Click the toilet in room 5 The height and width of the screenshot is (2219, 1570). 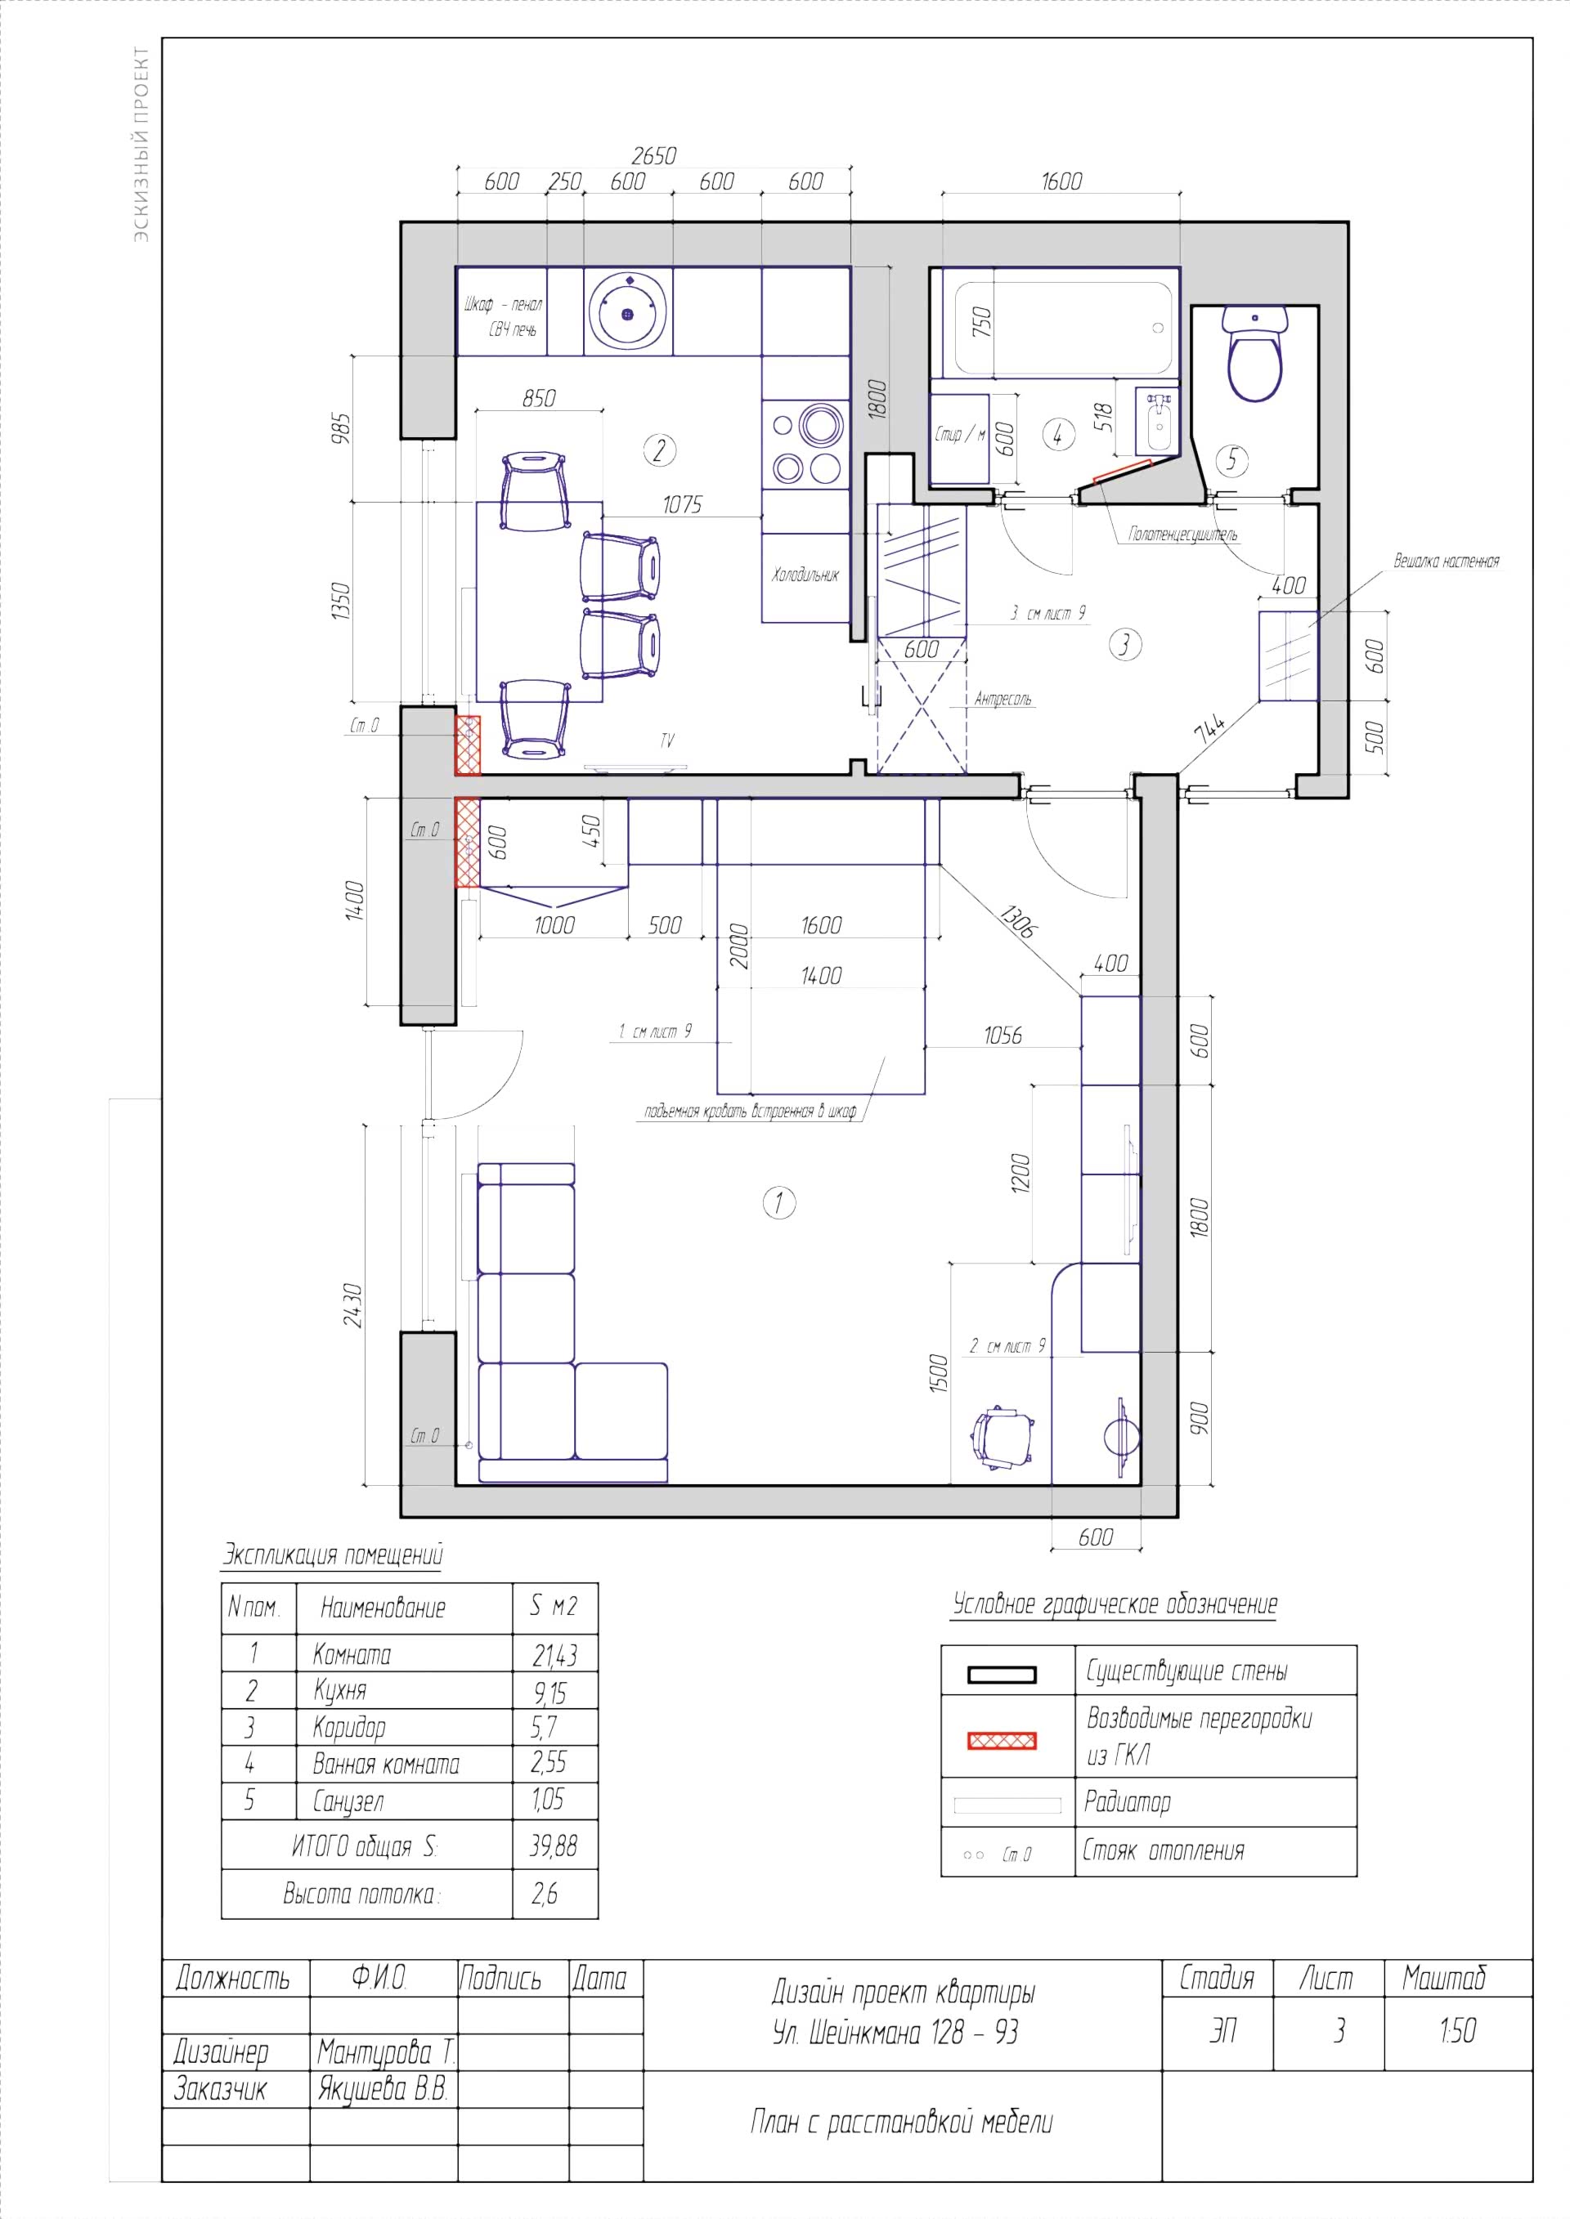pos(1255,353)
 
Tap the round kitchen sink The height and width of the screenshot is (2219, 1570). pos(628,311)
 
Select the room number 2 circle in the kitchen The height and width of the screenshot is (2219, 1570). pos(659,450)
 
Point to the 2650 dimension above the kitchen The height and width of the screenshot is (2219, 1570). pos(653,155)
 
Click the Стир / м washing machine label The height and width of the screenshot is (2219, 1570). pos(960,435)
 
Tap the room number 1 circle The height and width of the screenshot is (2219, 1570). pos(779,1203)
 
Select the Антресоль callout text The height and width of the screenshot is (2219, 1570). pos(1003,699)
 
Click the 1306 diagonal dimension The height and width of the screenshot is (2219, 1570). pos(1017,921)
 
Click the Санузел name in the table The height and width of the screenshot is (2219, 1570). pos(348,1801)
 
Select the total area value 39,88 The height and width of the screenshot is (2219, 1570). pos(554,1847)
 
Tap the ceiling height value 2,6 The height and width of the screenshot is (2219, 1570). pos(545,1894)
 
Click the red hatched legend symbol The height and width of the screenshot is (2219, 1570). pos(1003,1741)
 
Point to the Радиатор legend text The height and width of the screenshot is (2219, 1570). pos(1128,1801)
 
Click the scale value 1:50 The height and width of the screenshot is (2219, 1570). pos(1458,2030)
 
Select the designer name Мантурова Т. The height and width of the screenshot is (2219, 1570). pos(386,2051)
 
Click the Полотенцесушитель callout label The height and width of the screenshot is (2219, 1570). pos(1182,535)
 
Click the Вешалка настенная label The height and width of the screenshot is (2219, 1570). pos(1447,561)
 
